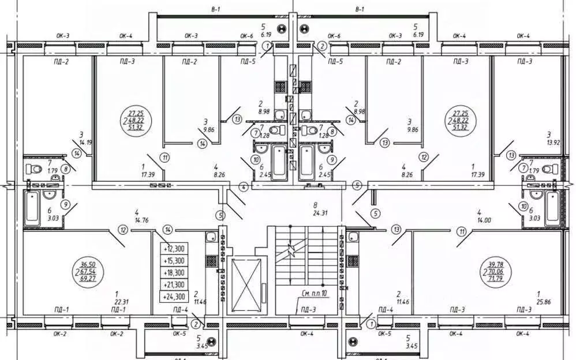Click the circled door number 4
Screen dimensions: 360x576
pyautogui.click(x=244, y=187)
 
